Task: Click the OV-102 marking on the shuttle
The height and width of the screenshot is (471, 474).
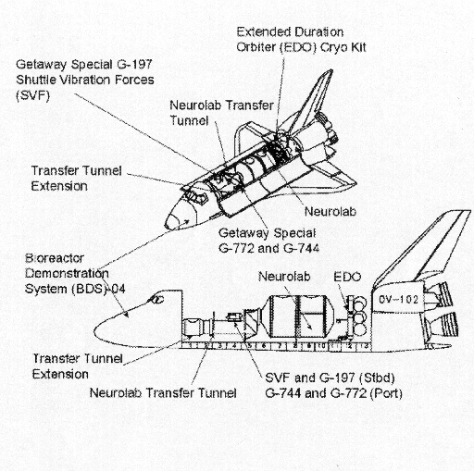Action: point(398,300)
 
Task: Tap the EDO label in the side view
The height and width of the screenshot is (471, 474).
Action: point(347,277)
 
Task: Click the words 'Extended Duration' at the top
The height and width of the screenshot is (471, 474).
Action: point(290,32)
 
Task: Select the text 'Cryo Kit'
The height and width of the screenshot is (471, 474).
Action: point(343,47)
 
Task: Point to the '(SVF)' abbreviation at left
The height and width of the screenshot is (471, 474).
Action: point(32,95)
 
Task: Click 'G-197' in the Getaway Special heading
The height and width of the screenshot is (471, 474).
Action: point(134,64)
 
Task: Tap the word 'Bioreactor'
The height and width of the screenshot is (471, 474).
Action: point(55,258)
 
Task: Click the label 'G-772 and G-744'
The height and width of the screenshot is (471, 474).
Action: point(268,248)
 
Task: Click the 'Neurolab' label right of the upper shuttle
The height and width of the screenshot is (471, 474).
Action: point(331,212)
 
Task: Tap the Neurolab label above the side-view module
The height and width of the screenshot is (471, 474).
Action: point(284,277)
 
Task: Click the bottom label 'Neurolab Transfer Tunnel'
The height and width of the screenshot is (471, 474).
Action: point(163,393)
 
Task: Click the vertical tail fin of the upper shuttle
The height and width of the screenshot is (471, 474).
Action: point(312,102)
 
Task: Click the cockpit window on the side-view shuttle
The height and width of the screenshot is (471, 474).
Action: point(156,299)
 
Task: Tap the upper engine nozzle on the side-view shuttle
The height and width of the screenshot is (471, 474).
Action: point(439,293)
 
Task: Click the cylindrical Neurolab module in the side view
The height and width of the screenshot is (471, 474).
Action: point(297,316)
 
